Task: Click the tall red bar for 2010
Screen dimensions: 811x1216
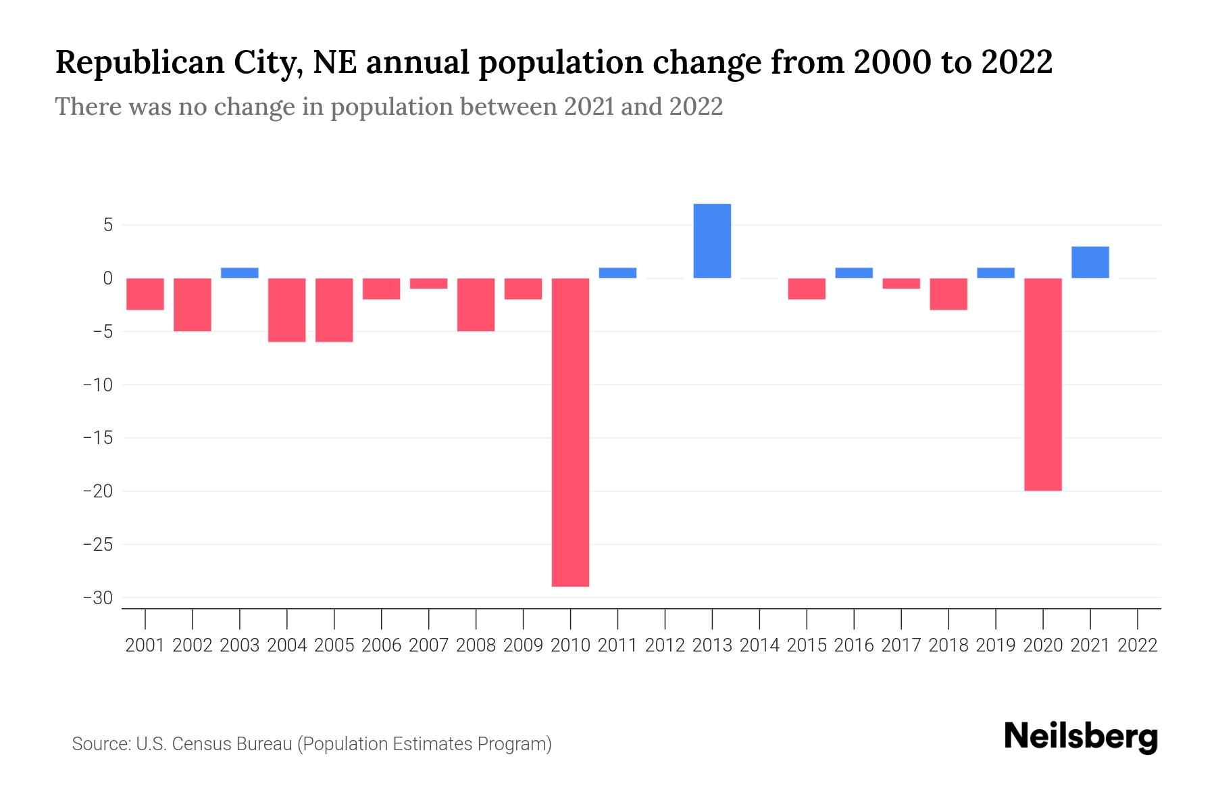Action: pos(570,433)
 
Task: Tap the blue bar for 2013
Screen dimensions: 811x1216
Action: pos(712,241)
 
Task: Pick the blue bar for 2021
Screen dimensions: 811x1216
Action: pos(1090,262)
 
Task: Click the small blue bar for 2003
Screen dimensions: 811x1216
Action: pos(240,273)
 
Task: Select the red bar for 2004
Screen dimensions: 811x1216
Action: pos(287,310)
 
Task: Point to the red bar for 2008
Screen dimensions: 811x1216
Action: pos(476,304)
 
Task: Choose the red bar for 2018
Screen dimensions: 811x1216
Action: pos(948,294)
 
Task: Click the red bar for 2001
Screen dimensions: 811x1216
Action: pos(145,294)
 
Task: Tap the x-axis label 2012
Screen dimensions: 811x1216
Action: pos(665,645)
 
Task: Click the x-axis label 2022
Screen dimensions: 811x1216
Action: pos(1138,645)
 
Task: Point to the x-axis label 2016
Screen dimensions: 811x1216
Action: pos(854,645)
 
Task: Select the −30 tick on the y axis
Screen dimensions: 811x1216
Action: pos(98,598)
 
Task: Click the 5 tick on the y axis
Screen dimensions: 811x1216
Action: pos(107,225)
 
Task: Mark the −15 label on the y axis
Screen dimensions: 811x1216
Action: pos(98,438)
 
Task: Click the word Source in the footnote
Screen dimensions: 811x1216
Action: pos(100,744)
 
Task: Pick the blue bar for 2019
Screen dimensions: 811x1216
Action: pos(995,273)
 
